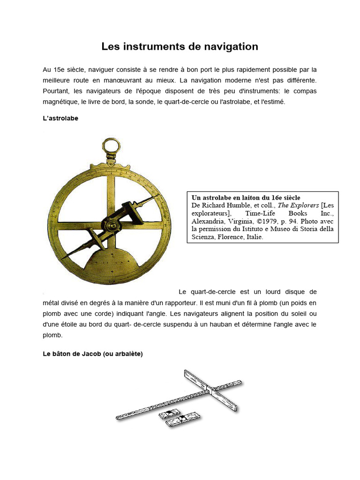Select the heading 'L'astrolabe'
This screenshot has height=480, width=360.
pos(60,119)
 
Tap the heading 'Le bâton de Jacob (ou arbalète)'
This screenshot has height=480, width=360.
pos(92,354)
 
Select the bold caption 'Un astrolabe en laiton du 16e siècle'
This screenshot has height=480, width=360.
pos(246,198)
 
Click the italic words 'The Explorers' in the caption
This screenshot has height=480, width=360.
pos(298,205)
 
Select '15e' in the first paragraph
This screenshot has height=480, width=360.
pos(60,69)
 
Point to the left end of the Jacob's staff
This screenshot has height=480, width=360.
pos(118,418)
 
